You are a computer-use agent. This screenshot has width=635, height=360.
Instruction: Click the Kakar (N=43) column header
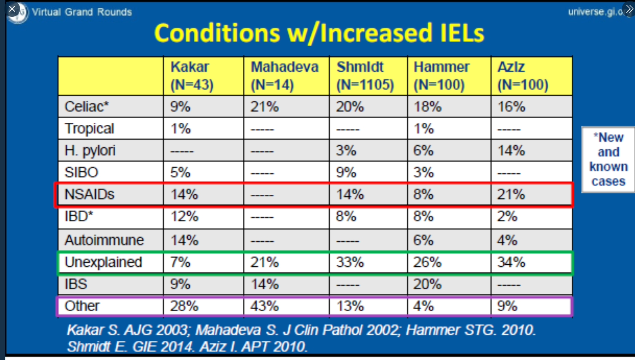(x=192, y=76)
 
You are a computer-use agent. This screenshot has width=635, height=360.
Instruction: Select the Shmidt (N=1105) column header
(x=365, y=76)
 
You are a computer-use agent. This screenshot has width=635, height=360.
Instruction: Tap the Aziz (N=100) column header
(x=523, y=76)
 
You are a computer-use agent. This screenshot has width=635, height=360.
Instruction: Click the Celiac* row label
(x=87, y=107)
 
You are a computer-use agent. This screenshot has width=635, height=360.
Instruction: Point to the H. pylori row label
(x=90, y=151)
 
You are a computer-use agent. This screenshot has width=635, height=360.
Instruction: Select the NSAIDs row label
(x=90, y=194)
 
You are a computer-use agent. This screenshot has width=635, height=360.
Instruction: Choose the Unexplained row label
(x=103, y=262)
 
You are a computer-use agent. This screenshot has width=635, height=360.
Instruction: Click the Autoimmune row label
(x=104, y=240)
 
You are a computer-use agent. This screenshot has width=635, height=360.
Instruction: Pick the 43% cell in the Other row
(x=265, y=306)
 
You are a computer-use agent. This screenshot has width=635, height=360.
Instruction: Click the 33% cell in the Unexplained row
(x=350, y=262)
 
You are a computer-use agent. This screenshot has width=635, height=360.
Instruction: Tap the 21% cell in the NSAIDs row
(x=511, y=194)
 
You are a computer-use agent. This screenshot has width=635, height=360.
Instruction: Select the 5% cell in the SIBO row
(x=180, y=172)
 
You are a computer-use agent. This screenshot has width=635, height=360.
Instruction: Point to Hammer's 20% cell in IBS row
(x=427, y=284)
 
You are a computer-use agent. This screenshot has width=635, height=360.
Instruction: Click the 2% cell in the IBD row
(x=507, y=216)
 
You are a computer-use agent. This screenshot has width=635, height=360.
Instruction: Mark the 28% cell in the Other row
(x=184, y=306)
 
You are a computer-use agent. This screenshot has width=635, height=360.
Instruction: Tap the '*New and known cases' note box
(x=608, y=159)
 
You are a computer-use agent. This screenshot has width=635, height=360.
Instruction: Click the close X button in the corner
(x=12, y=9)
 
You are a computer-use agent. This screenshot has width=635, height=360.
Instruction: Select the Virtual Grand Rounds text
(x=82, y=12)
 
